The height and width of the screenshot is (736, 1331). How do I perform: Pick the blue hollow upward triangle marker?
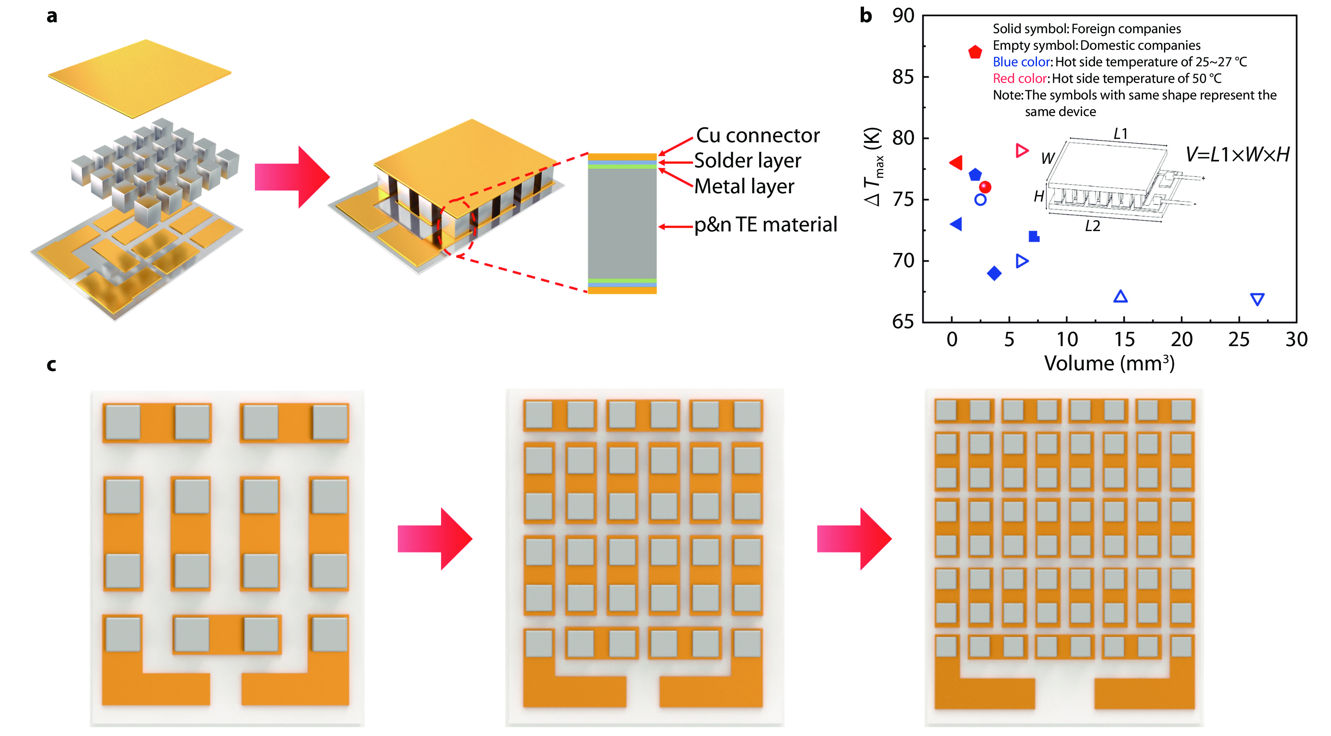(1120, 297)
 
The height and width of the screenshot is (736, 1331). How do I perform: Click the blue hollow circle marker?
(980, 200)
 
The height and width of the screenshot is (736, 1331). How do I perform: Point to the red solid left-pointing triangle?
(956, 163)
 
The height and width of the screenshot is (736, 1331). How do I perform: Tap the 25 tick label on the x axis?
(1239, 339)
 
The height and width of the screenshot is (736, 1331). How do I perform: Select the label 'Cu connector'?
(758, 135)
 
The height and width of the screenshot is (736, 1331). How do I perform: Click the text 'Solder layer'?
(747, 161)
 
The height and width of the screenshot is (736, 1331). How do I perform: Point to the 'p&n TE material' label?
(765, 225)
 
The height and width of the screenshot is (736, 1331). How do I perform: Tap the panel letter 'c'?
(51, 365)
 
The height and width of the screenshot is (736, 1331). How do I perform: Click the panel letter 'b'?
(865, 16)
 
